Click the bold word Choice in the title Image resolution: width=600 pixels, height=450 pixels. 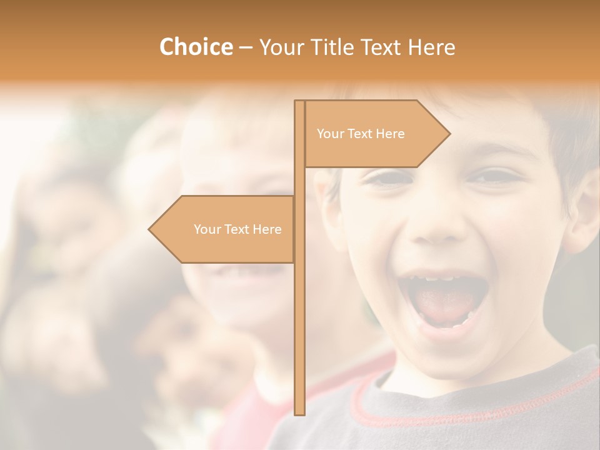[196, 47]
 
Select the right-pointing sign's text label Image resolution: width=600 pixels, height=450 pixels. [361, 134]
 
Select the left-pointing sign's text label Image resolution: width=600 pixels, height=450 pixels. [237, 229]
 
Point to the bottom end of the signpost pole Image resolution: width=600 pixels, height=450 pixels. [299, 412]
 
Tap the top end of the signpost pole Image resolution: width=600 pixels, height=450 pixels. [299, 102]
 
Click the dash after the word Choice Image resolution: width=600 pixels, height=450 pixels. [245, 48]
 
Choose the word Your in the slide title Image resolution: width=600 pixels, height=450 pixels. [279, 47]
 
